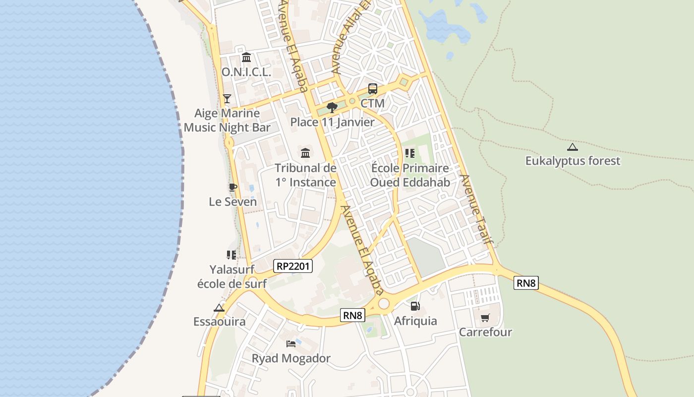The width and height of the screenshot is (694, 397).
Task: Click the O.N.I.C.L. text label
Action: click(246, 72)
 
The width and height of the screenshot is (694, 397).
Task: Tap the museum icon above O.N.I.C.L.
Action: click(246, 57)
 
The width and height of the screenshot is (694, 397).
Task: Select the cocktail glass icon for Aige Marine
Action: click(227, 98)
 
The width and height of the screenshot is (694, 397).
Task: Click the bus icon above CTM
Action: click(373, 89)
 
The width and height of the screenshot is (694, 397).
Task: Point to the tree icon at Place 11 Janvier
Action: click(332, 107)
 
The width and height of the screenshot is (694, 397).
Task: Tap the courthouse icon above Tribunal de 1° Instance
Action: click(305, 153)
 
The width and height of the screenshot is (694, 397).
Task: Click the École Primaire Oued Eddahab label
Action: click(410, 175)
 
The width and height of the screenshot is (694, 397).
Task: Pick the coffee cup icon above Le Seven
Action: click(232, 187)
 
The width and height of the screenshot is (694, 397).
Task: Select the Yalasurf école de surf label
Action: click(232, 276)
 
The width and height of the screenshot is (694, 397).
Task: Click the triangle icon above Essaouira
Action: click(219, 308)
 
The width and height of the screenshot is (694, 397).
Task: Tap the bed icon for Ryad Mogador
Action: click(291, 343)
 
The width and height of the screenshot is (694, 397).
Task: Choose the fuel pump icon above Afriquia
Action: click(415, 306)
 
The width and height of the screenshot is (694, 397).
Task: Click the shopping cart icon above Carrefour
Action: click(485, 318)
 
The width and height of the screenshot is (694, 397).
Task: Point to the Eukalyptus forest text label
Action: click(573, 161)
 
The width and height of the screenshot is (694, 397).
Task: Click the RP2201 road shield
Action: click(293, 266)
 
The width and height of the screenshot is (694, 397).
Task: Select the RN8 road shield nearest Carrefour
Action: click(525, 283)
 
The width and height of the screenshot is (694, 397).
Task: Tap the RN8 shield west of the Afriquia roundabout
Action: click(353, 315)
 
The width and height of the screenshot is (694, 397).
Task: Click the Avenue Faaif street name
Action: click(477, 209)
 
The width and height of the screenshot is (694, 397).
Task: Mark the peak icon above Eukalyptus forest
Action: click(573, 147)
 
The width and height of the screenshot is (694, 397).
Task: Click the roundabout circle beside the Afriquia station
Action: click(383, 304)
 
